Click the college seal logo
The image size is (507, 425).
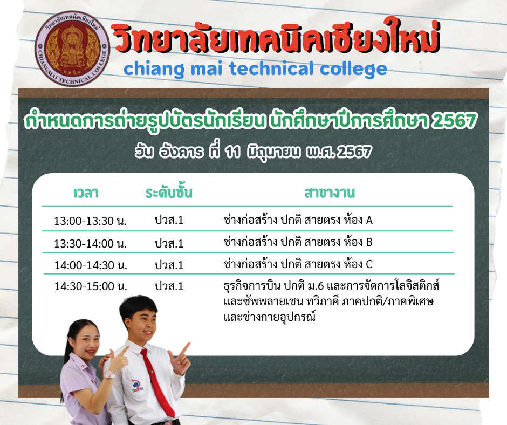point(72,49)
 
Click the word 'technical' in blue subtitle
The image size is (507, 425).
point(271,68)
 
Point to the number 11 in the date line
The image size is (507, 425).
point(232,152)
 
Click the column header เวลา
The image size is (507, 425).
point(86,193)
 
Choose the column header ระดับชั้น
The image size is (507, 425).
point(169,192)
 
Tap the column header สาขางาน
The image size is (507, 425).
point(330,193)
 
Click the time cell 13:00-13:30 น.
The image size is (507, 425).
point(90,221)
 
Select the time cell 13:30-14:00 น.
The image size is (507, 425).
point(90,243)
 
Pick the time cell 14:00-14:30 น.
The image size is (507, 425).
point(91,265)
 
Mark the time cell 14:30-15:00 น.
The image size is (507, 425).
point(91,286)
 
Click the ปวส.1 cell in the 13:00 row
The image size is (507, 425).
point(169,220)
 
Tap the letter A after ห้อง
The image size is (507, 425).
point(369,220)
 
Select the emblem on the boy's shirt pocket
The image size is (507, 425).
point(138,385)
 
